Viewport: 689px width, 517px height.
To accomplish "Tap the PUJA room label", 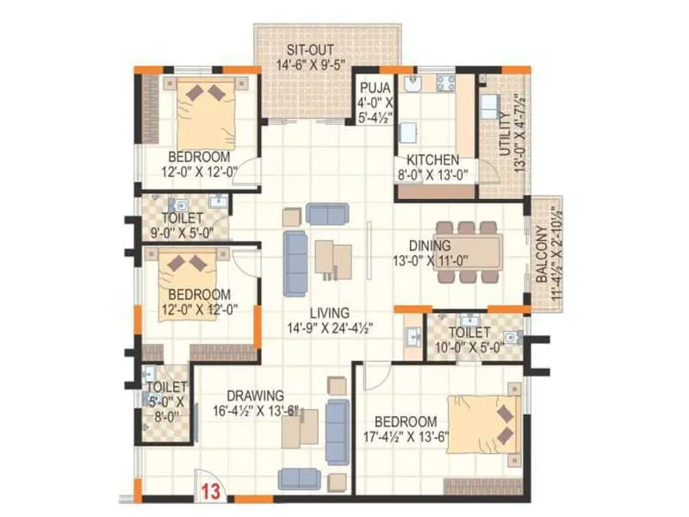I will (x=376, y=88).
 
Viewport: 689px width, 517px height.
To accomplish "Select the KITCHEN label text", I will (x=432, y=159).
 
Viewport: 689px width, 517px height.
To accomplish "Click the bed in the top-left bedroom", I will (x=206, y=112).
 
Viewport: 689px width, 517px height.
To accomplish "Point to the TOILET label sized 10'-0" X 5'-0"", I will (x=470, y=332).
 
